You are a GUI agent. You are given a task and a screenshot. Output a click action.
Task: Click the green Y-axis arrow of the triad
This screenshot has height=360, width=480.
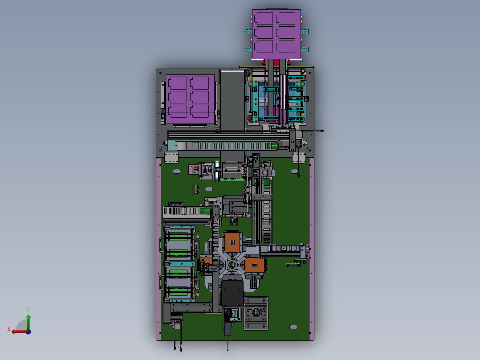(28, 322)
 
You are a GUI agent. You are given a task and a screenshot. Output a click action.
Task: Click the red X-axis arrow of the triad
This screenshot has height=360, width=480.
(20, 331)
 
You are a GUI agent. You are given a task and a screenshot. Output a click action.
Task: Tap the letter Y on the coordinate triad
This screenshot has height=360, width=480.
(28, 310)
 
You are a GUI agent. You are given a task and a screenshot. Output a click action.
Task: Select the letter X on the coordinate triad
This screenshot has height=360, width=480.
(9, 329)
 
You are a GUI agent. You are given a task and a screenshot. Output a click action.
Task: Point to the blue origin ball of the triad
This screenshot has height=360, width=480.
(29, 332)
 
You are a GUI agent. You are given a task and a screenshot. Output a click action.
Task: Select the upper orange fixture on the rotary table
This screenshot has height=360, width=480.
(232, 242)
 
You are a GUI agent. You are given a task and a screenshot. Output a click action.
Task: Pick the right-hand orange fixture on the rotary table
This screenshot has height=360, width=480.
(255, 266)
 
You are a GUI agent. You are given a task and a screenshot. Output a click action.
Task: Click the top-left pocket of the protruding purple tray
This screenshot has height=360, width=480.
(264, 19)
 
